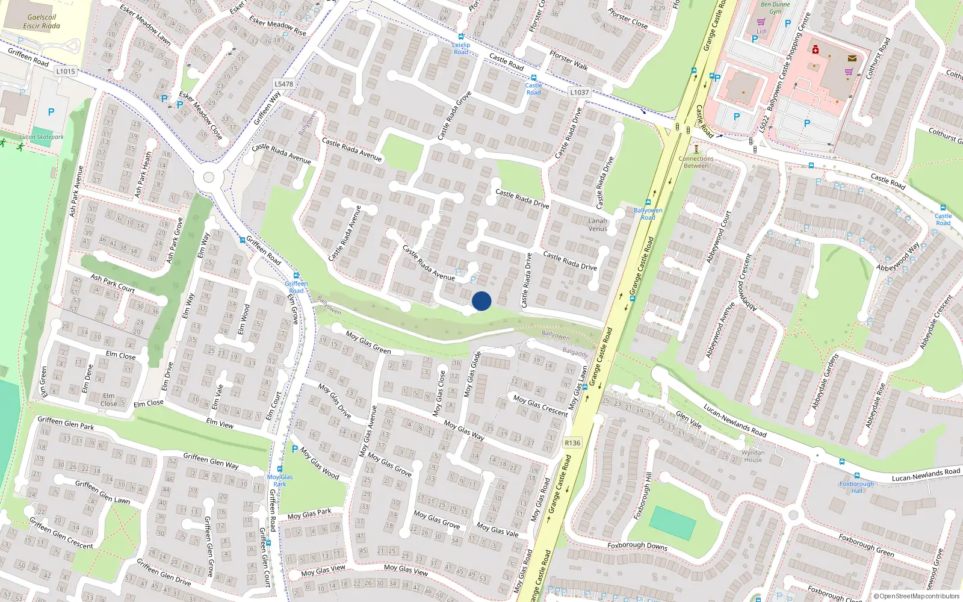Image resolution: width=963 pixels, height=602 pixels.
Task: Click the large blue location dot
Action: coord(482,301)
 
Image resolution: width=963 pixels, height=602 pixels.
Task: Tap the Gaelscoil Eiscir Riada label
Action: coord(42,22)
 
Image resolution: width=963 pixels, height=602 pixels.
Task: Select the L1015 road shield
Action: coord(66,71)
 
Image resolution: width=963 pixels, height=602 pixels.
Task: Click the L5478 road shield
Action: coord(283,84)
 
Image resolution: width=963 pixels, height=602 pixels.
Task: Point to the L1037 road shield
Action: coord(579,92)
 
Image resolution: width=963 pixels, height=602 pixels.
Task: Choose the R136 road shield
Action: coord(572,443)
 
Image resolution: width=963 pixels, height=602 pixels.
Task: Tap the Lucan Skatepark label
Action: coord(41,137)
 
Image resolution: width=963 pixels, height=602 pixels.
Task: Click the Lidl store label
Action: coord(761,31)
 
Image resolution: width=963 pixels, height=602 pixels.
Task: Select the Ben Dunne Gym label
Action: coord(775,8)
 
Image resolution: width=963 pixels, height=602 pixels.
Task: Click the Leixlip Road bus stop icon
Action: coord(461,37)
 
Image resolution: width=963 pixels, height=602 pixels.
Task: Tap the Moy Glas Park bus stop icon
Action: coord(280,469)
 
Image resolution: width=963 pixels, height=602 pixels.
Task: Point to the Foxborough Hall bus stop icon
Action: coord(841,462)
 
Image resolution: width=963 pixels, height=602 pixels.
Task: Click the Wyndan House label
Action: coord(753,456)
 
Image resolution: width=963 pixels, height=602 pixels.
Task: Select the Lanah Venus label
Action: coord(598,225)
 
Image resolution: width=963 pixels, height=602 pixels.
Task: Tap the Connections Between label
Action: coord(696,162)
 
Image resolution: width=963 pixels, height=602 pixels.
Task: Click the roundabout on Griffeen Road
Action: coord(209,178)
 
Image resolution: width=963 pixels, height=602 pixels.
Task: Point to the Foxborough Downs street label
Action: coord(637,545)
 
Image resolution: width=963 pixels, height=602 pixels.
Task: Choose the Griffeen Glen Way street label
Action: coord(211,461)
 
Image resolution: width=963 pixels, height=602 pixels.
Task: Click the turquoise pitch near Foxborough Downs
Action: coord(672,522)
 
